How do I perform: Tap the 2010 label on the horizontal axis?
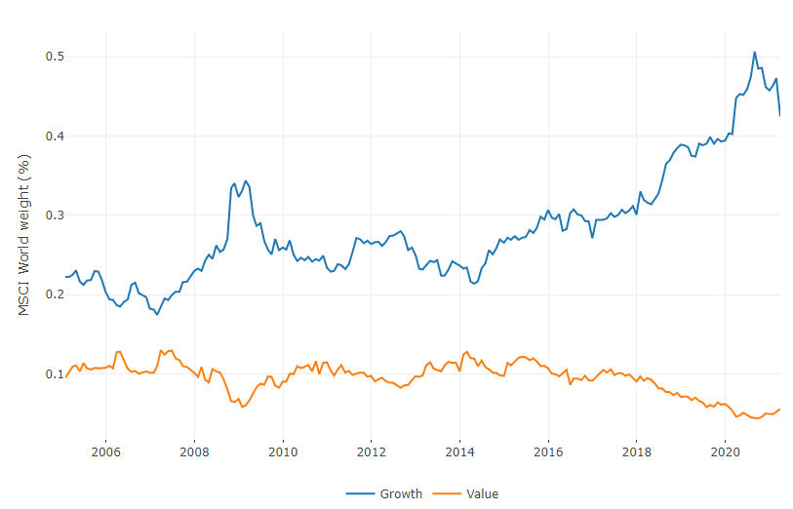click(282, 451)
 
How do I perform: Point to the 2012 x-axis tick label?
click(371, 451)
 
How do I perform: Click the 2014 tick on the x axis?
click(459, 451)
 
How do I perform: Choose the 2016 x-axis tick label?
click(548, 451)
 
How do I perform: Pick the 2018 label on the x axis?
click(637, 451)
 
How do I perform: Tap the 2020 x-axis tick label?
click(726, 451)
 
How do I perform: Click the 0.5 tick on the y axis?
click(55, 57)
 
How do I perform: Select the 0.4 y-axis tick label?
click(55, 136)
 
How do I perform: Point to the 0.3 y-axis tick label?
click(55, 215)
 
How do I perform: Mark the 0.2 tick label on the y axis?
click(55, 294)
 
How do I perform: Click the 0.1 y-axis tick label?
click(55, 374)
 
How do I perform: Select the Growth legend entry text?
click(401, 493)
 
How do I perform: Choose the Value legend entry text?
click(483, 493)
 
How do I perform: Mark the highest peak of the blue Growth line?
click(754, 53)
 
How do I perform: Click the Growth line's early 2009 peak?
click(246, 181)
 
